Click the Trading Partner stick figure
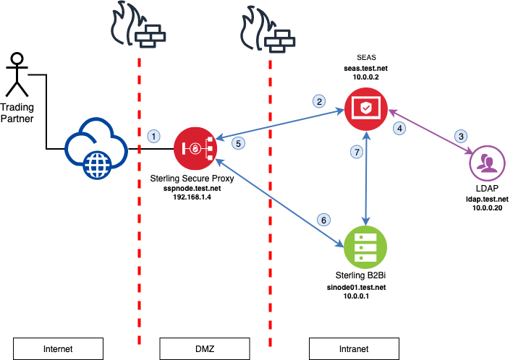(17, 74)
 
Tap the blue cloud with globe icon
(96, 148)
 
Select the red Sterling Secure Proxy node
(195, 148)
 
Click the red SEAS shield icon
(366, 109)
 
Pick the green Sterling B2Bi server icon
(365, 247)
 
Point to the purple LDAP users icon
(487, 163)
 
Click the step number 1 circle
(154, 136)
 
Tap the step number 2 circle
(319, 101)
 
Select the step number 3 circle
(461, 136)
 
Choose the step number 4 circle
(399, 128)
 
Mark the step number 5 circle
(238, 143)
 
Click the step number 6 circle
(323, 220)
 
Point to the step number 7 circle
(357, 152)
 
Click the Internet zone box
(58, 349)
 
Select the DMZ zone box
(205, 349)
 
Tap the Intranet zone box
(354, 349)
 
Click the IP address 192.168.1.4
(192, 197)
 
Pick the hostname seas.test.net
(366, 69)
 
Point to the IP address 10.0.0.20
(487, 207)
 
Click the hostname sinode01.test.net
(356, 288)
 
